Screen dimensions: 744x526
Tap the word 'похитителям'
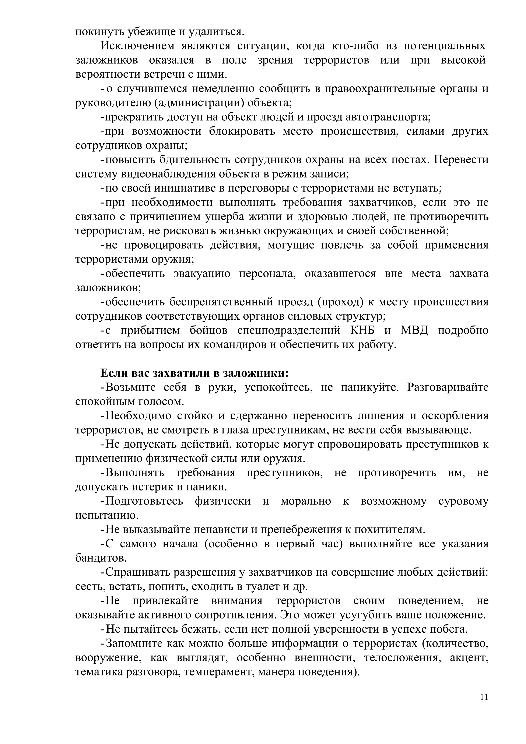pos(389,530)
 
